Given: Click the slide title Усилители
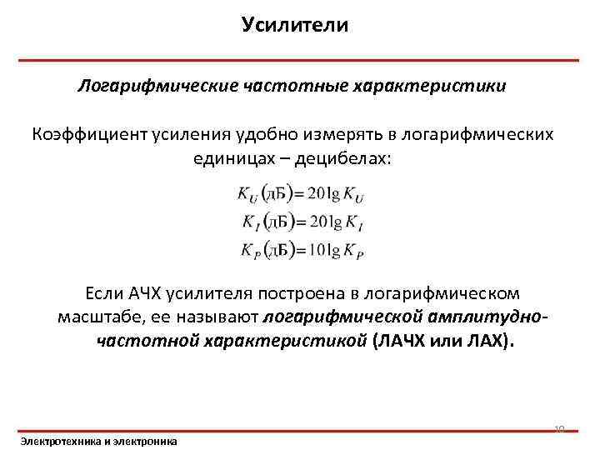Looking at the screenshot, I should pyautogui.click(x=295, y=25).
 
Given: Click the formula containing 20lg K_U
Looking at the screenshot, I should pyautogui.click(x=300, y=193).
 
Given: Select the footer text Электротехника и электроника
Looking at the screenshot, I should pyautogui.click(x=98, y=440).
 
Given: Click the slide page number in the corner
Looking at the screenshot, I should pyautogui.click(x=559, y=430).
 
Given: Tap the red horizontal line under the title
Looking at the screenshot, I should pyautogui.click(x=299, y=60).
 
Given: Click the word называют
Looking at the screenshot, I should pyautogui.click(x=219, y=317).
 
